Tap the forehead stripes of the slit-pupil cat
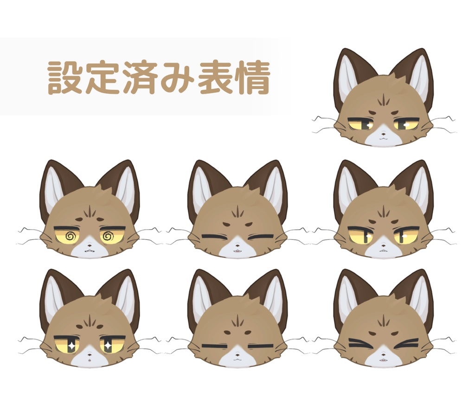(x=384, y=211)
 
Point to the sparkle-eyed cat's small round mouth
(x=90, y=360)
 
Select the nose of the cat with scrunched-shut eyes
(x=384, y=353)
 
